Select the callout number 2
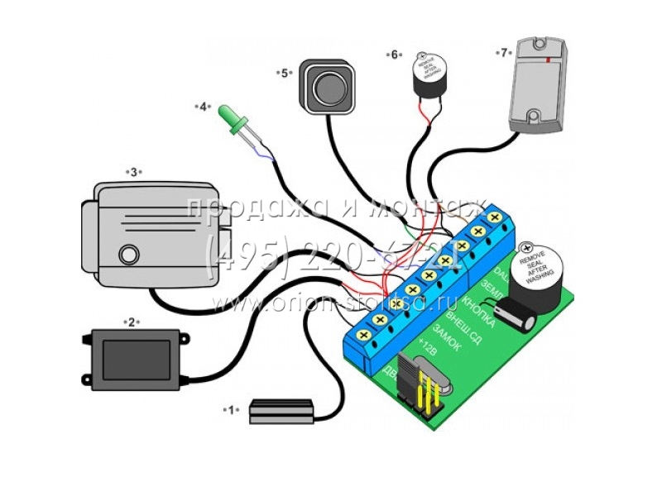[129, 321]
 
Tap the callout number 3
[132, 172]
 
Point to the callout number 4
[202, 107]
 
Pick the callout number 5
[285, 73]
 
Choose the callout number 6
[394, 55]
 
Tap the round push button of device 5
[327, 86]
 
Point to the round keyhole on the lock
[127, 254]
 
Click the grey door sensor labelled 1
[281, 411]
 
